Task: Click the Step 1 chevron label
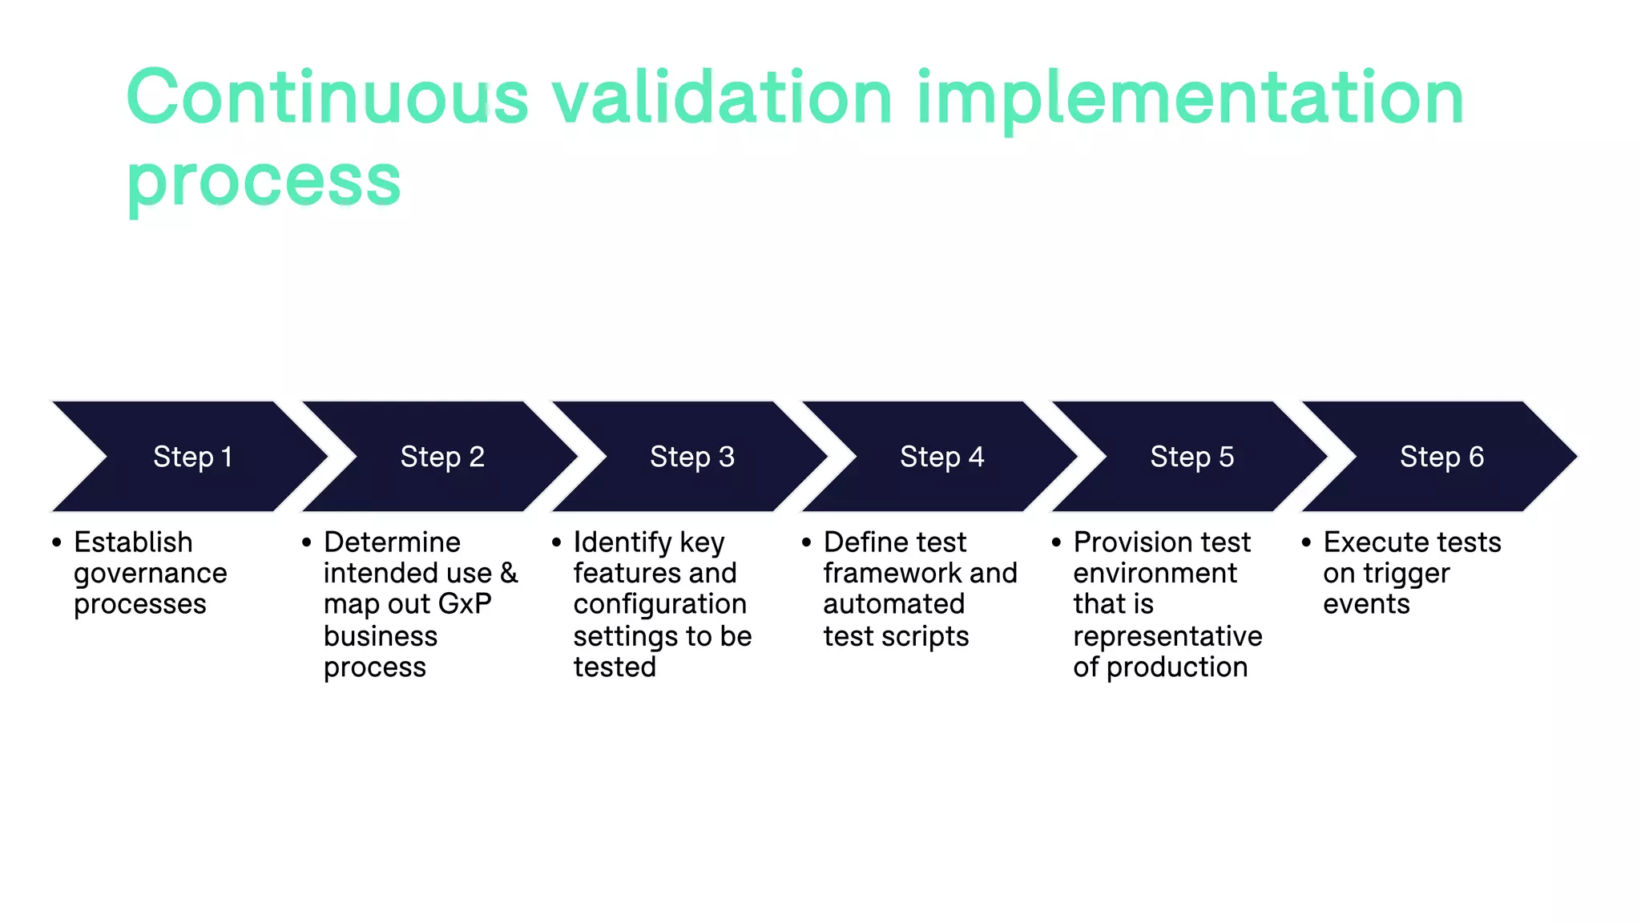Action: point(192,457)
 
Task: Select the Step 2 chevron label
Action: point(442,457)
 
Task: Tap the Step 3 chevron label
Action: point(692,457)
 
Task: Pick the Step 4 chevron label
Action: point(942,457)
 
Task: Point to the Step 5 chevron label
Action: point(1192,457)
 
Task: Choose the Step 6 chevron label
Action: point(1441,457)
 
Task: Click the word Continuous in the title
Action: point(328,98)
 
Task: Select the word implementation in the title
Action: point(1191,98)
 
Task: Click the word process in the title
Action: point(264,181)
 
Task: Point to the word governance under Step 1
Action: point(151,574)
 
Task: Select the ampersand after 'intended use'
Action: point(510,574)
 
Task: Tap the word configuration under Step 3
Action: point(659,604)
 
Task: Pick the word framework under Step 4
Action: point(892,574)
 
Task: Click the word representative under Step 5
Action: point(1167,636)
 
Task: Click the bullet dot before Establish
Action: point(57,542)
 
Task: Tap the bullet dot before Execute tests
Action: point(1306,542)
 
